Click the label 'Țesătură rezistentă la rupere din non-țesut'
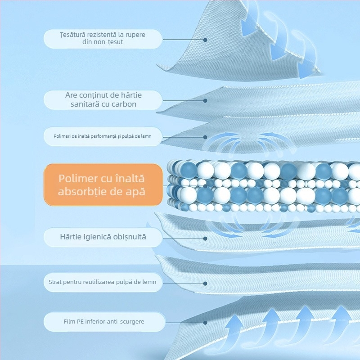coord(103,39)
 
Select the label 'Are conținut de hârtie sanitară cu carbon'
coord(103,99)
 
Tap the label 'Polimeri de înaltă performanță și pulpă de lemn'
coord(103,136)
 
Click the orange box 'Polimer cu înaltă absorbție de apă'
coord(103,185)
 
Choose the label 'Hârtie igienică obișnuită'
coord(103,237)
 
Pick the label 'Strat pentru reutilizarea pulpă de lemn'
coord(103,282)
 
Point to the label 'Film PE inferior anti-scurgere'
coord(104,322)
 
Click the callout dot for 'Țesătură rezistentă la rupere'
coord(205,40)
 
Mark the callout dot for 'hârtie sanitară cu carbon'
coord(205,100)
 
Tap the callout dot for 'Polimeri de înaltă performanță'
coord(205,137)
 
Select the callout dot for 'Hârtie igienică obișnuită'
coord(205,238)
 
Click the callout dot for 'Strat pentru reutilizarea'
coord(205,283)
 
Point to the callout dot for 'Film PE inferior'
coord(205,323)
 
